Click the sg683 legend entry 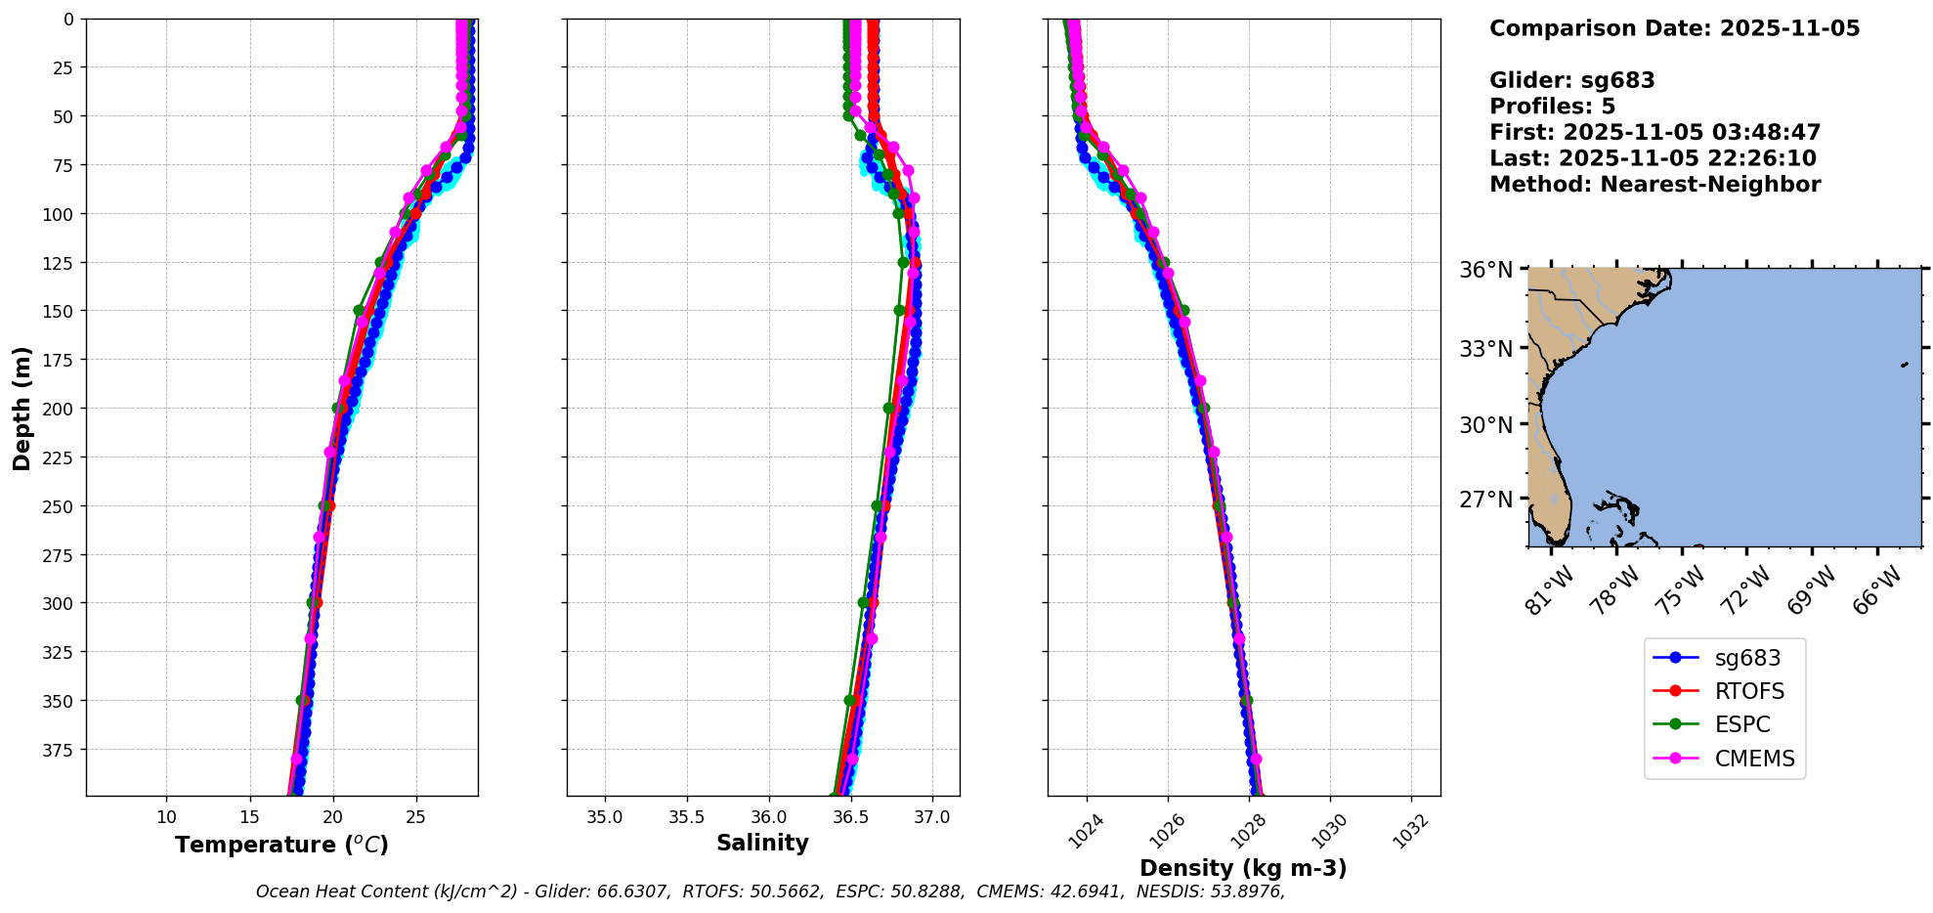point(1747,658)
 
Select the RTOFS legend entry point(1749,691)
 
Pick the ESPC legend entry point(1742,724)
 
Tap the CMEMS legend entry point(1754,759)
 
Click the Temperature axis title point(281,845)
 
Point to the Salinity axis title point(762,843)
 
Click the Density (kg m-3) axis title point(1243,868)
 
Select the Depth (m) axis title point(21,408)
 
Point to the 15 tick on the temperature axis point(249,817)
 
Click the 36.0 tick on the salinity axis point(768,817)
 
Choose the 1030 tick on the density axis point(1329,831)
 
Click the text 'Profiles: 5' point(1552,107)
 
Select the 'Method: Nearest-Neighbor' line point(1654,185)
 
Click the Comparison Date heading point(1674,28)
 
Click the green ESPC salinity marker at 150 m point(899,311)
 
